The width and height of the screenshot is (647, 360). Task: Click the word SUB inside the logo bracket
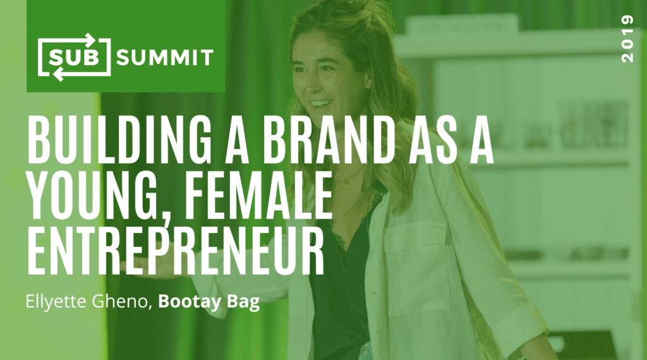coord(75,57)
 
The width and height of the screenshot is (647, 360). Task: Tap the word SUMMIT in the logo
coord(165,57)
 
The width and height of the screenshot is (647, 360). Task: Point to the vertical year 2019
coord(627,39)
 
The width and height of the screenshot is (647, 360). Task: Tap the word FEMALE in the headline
coord(258,195)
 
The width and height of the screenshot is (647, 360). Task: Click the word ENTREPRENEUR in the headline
coord(176,251)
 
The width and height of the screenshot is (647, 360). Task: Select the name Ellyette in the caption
coord(56,302)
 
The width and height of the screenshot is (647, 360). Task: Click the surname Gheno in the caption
coord(123,301)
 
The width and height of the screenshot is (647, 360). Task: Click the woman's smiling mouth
coord(321,104)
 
